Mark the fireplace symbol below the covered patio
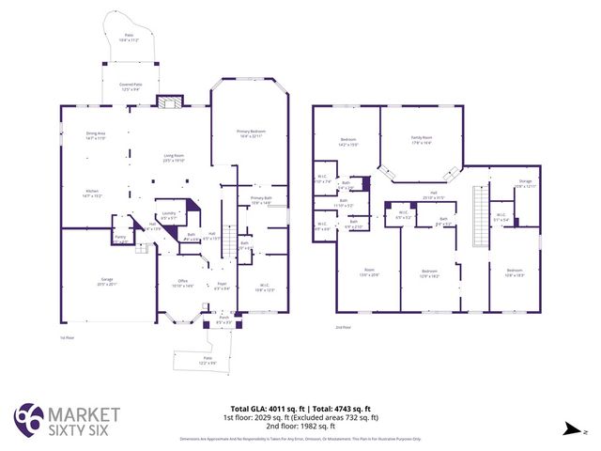coord(169,102)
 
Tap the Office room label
coord(183,283)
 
